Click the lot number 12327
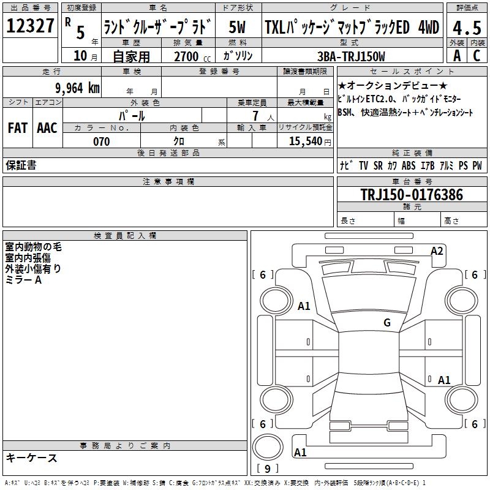[x=30, y=26]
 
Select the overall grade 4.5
[x=467, y=28]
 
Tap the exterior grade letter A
[x=457, y=56]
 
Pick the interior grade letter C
[x=477, y=56]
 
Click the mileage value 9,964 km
[x=78, y=88]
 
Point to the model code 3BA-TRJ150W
[x=351, y=56]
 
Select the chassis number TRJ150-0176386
[x=412, y=195]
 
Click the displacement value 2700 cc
[x=192, y=56]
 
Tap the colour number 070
[x=102, y=141]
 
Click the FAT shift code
[x=18, y=128]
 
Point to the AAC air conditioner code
[x=47, y=128]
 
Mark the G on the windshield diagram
[x=387, y=323]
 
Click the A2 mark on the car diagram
[x=437, y=251]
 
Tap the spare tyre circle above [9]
[x=268, y=447]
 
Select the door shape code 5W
[x=237, y=27]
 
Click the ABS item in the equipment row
[x=409, y=165]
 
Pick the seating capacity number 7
[x=255, y=116]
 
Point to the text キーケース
[x=31, y=458]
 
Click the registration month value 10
[x=80, y=56]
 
